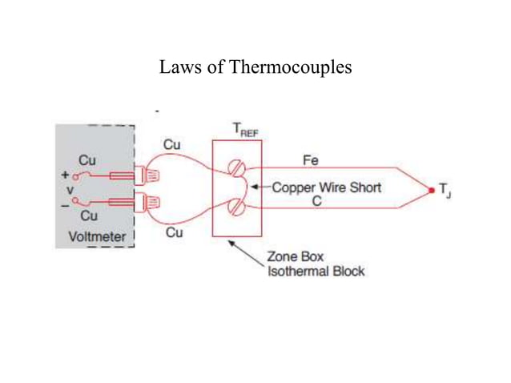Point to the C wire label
pos(317,202)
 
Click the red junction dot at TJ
pos(432,190)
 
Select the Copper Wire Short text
pos(326,187)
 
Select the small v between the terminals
pos(71,189)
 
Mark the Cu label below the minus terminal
pos(89,216)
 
